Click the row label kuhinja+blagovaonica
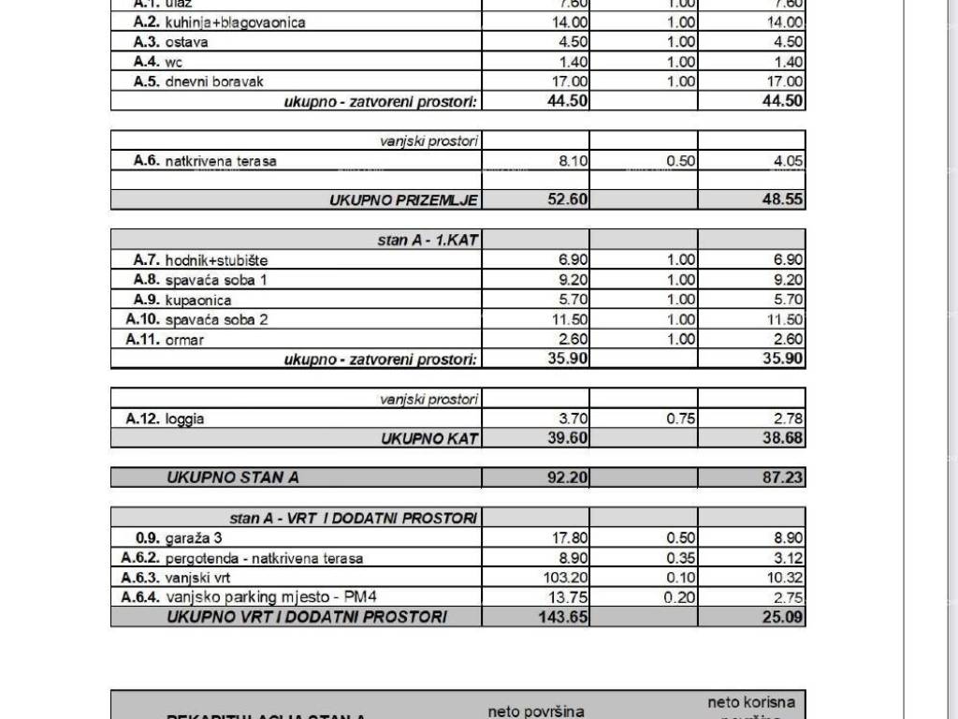pyautogui.click(x=235, y=22)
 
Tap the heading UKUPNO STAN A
pyautogui.click(x=233, y=477)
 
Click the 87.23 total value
pyautogui.click(x=782, y=477)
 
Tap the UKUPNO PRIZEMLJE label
pyautogui.click(x=403, y=200)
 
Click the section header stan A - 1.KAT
pyautogui.click(x=428, y=241)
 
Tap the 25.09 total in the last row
pyautogui.click(x=783, y=617)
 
